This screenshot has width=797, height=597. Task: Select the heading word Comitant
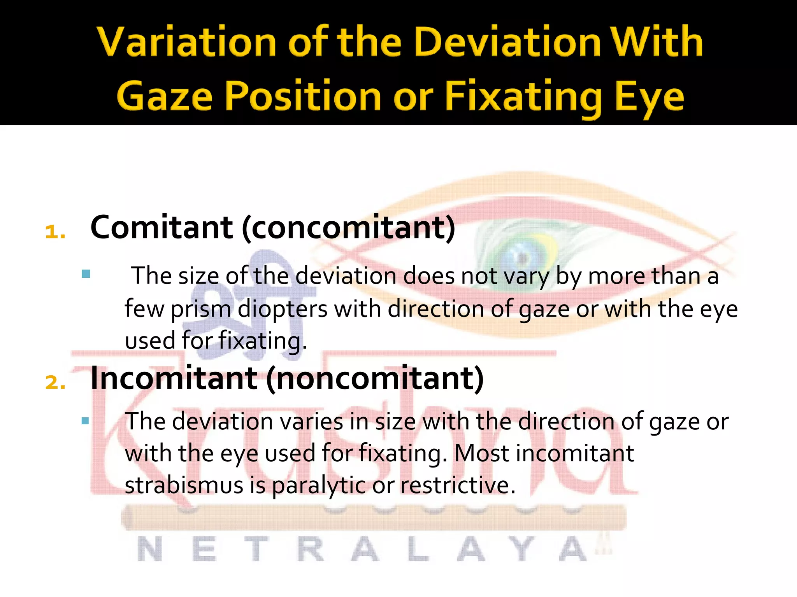click(162, 227)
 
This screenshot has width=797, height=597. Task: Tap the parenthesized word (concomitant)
click(348, 227)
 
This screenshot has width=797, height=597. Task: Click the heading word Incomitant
click(174, 378)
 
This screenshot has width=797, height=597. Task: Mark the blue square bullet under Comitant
click(86, 274)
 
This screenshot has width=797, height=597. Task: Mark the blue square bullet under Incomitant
click(86, 421)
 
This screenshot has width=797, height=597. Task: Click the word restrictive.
click(458, 485)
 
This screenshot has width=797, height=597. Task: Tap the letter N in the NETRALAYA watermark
click(150, 549)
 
